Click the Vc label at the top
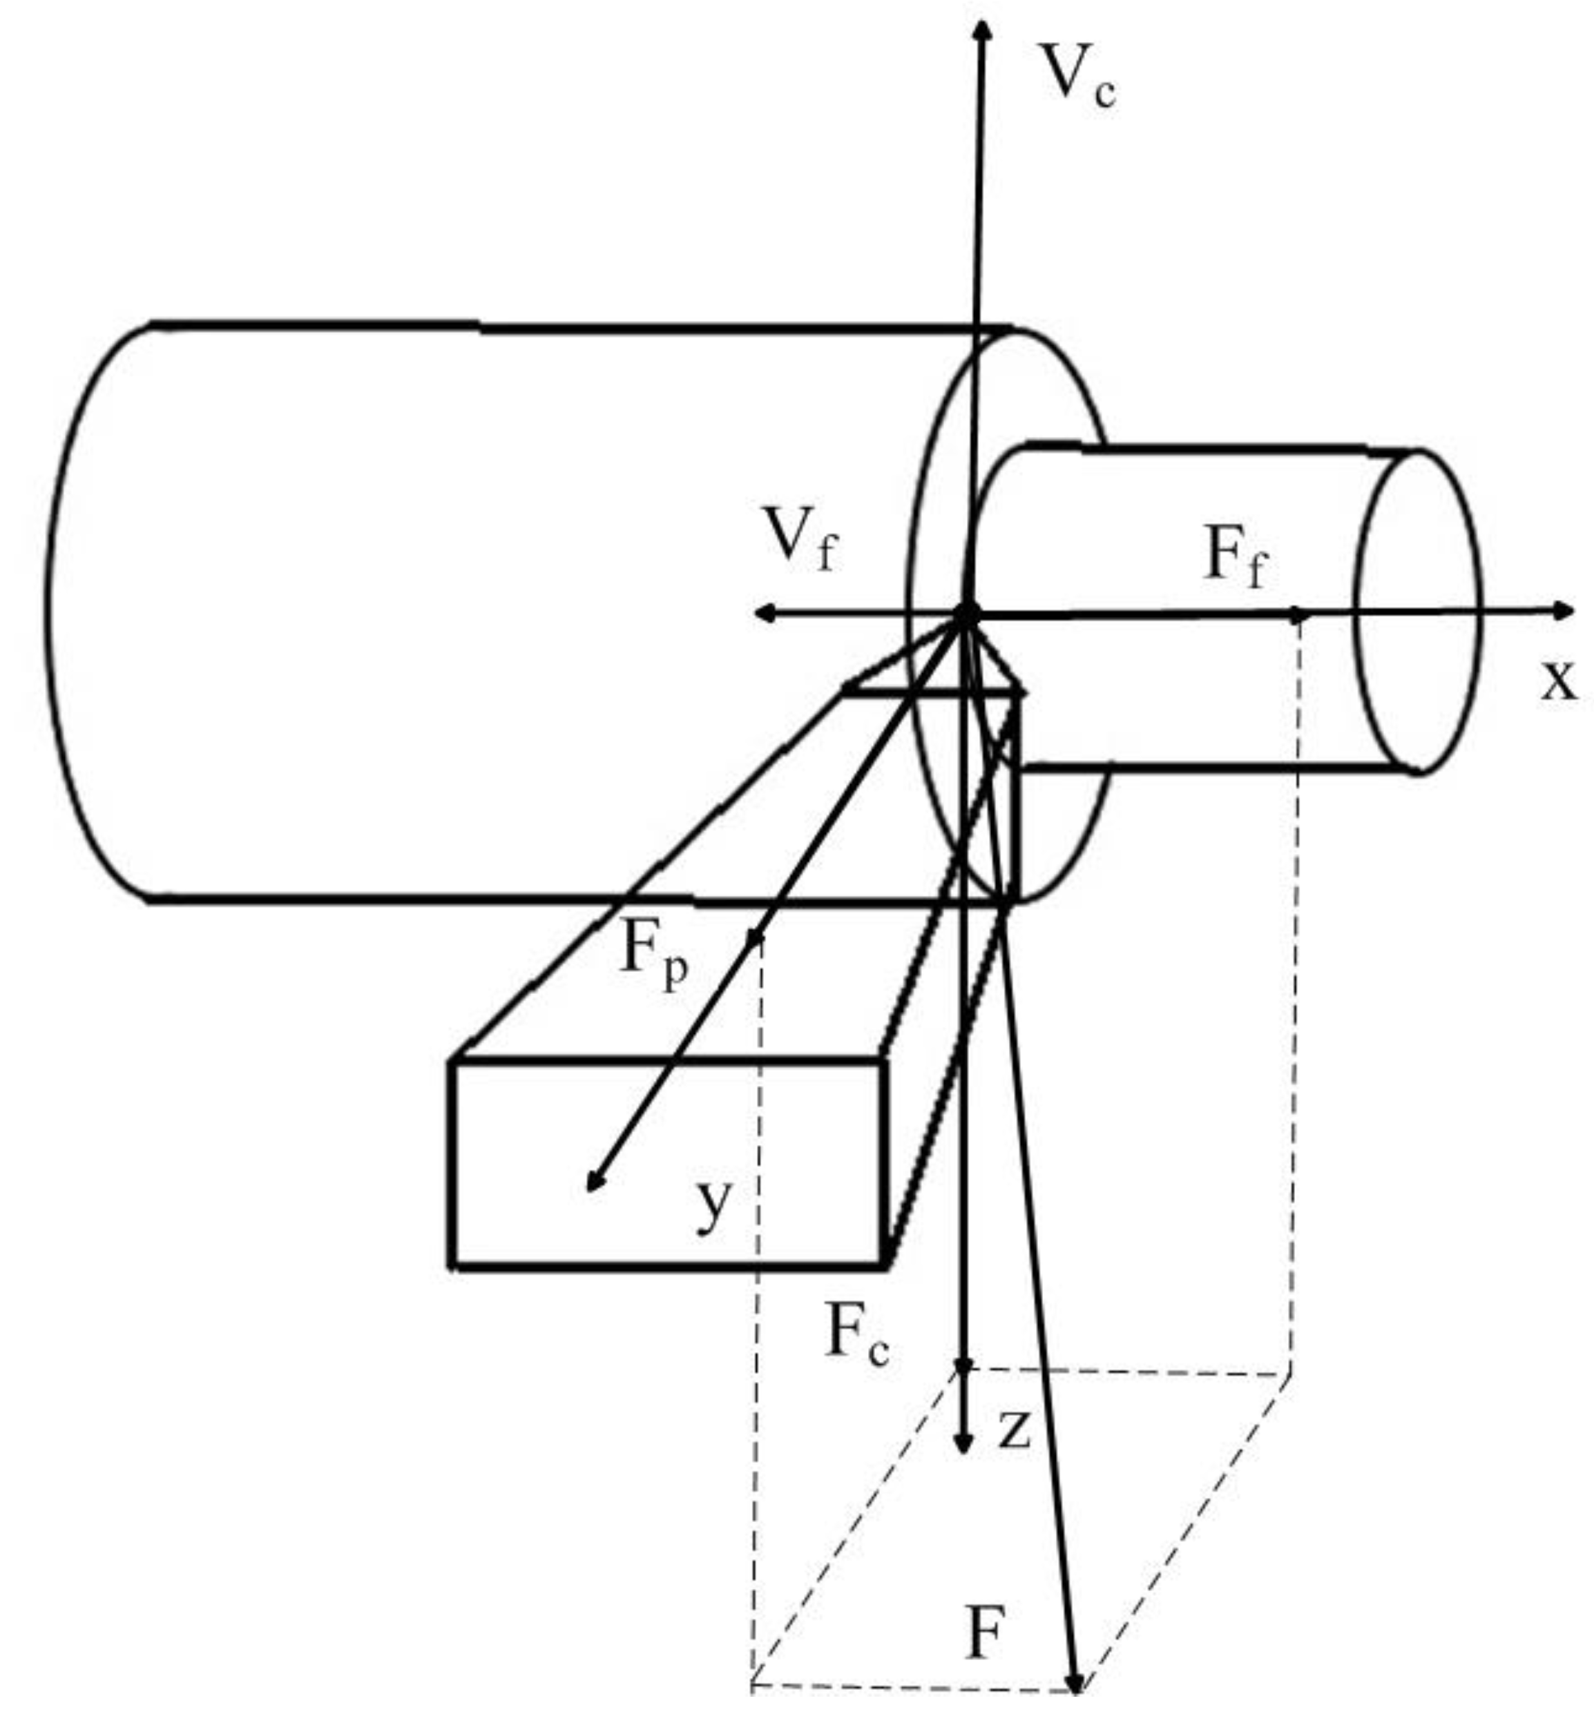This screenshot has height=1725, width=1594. coord(1077,77)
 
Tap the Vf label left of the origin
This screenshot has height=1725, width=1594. coord(801,540)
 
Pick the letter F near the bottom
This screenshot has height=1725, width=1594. coord(984,1634)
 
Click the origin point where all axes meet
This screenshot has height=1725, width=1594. coord(966,613)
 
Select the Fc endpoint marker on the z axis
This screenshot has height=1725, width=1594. coord(963,1366)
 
